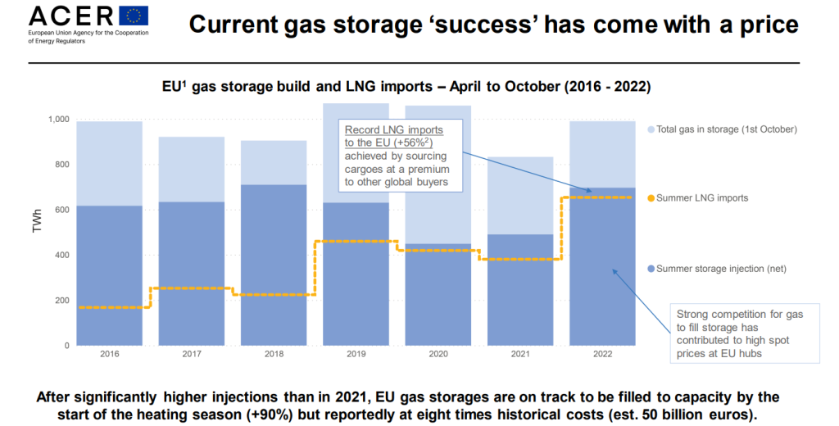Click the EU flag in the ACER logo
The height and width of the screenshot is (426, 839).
(134, 16)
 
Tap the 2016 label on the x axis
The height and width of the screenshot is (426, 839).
(109, 354)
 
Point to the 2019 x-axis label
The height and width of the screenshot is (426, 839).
(356, 354)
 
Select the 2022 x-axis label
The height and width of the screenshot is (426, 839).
(602, 354)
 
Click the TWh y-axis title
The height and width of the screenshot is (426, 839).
(37, 233)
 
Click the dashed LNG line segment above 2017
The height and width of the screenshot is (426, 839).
(192, 288)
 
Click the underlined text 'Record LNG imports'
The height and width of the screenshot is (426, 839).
(393, 130)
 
